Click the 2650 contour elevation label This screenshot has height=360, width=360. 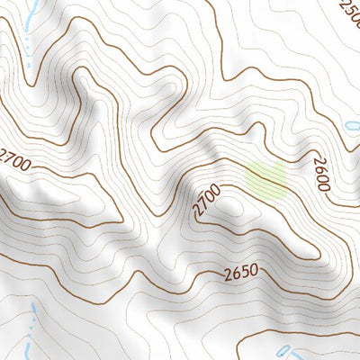click(240, 270)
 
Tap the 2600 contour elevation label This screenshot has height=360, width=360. click(321, 172)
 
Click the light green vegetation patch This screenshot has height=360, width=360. click(267, 179)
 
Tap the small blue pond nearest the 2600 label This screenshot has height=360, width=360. click(352, 125)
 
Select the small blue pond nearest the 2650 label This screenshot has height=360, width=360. click(284, 350)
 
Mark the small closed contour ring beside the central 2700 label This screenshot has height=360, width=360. click(232, 203)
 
